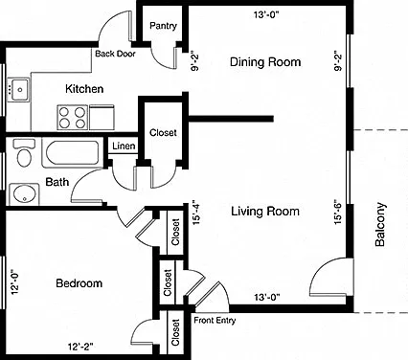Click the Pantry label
(163, 26)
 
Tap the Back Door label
(115, 54)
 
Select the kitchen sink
(18, 90)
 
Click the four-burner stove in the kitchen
(73, 118)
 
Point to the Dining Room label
(265, 61)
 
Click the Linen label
(124, 146)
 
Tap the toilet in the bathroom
(24, 153)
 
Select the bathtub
(73, 152)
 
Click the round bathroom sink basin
(24, 193)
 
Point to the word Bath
(57, 182)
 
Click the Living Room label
(265, 212)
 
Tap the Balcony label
(380, 225)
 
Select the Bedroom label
(79, 283)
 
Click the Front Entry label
(215, 320)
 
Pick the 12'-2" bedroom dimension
(80, 347)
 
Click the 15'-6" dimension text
(338, 212)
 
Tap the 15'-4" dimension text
(195, 213)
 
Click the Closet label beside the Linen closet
(163, 132)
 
